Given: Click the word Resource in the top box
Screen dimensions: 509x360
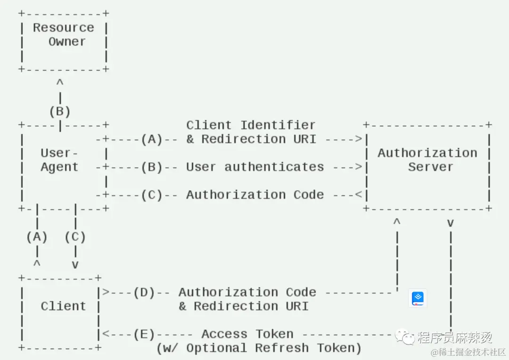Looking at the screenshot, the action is (63, 28).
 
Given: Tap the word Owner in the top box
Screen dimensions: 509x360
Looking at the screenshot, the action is (67, 41).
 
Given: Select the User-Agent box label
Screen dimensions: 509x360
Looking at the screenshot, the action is (59, 160).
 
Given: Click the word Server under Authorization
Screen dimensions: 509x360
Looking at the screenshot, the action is (430, 167).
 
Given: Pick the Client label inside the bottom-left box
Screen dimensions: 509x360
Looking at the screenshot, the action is (63, 306).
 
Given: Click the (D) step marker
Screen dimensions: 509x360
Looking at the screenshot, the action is (144, 293).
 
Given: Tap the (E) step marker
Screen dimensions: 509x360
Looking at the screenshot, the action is (144, 334).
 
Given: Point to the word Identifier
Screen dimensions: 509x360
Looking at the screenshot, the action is (278, 125).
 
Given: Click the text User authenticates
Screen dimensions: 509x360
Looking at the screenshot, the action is (255, 167).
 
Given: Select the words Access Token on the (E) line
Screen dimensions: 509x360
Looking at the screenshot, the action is (247, 334).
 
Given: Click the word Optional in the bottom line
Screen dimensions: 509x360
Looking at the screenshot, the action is (216, 348).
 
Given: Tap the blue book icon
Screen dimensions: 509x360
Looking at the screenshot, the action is (418, 298).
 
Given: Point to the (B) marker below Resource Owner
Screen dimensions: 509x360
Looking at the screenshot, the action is (60, 111).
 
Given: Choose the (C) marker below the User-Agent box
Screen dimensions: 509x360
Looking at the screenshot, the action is (75, 237).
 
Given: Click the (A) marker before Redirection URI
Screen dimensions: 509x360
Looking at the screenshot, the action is (152, 139).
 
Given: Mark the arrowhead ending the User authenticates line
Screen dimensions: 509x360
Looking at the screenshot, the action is (358, 167).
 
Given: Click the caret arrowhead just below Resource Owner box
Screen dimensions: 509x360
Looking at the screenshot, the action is (60, 82).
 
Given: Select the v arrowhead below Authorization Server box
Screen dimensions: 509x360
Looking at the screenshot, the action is (450, 223).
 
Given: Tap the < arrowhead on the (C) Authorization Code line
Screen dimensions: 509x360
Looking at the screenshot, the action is (358, 195).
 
